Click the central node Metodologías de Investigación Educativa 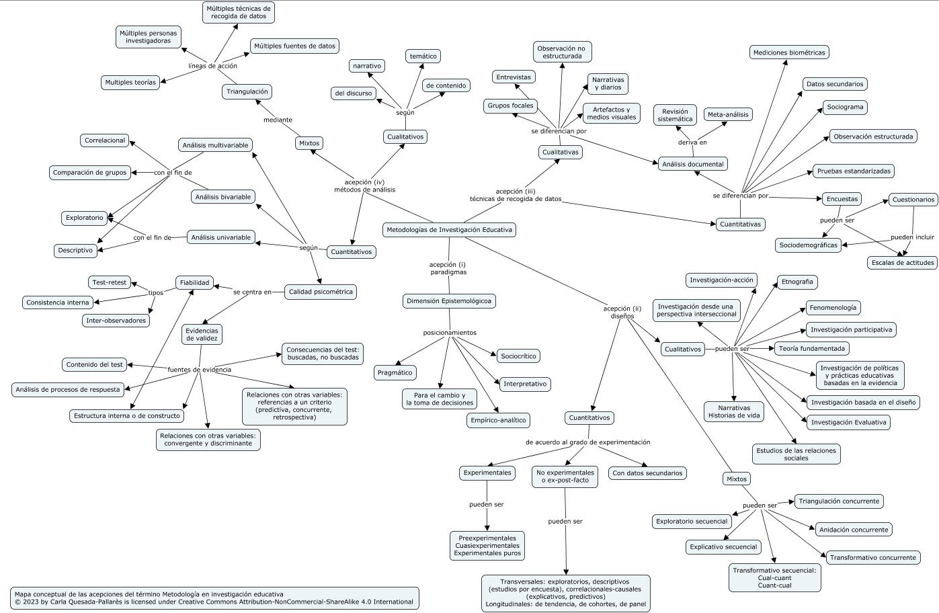(449, 230)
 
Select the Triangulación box (247, 91)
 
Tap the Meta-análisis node (728, 114)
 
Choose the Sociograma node (845, 107)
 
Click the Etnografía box (797, 282)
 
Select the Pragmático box (395, 372)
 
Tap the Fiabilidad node (194, 283)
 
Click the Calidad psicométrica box (320, 292)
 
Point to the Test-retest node (108, 282)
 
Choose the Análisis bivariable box (222, 197)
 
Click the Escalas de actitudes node (901, 262)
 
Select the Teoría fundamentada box (811, 348)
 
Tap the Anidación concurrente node (854, 530)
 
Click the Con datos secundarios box (647, 473)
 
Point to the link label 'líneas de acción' (212, 66)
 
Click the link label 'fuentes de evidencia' (199, 370)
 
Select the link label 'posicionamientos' (449, 333)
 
